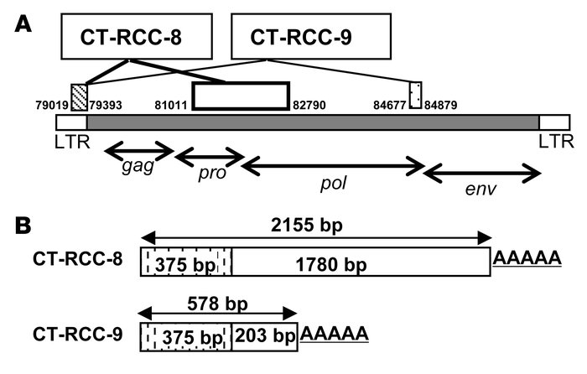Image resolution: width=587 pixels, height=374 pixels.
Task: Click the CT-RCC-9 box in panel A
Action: tap(309, 38)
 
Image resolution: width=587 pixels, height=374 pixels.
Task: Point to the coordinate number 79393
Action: tap(107, 106)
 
